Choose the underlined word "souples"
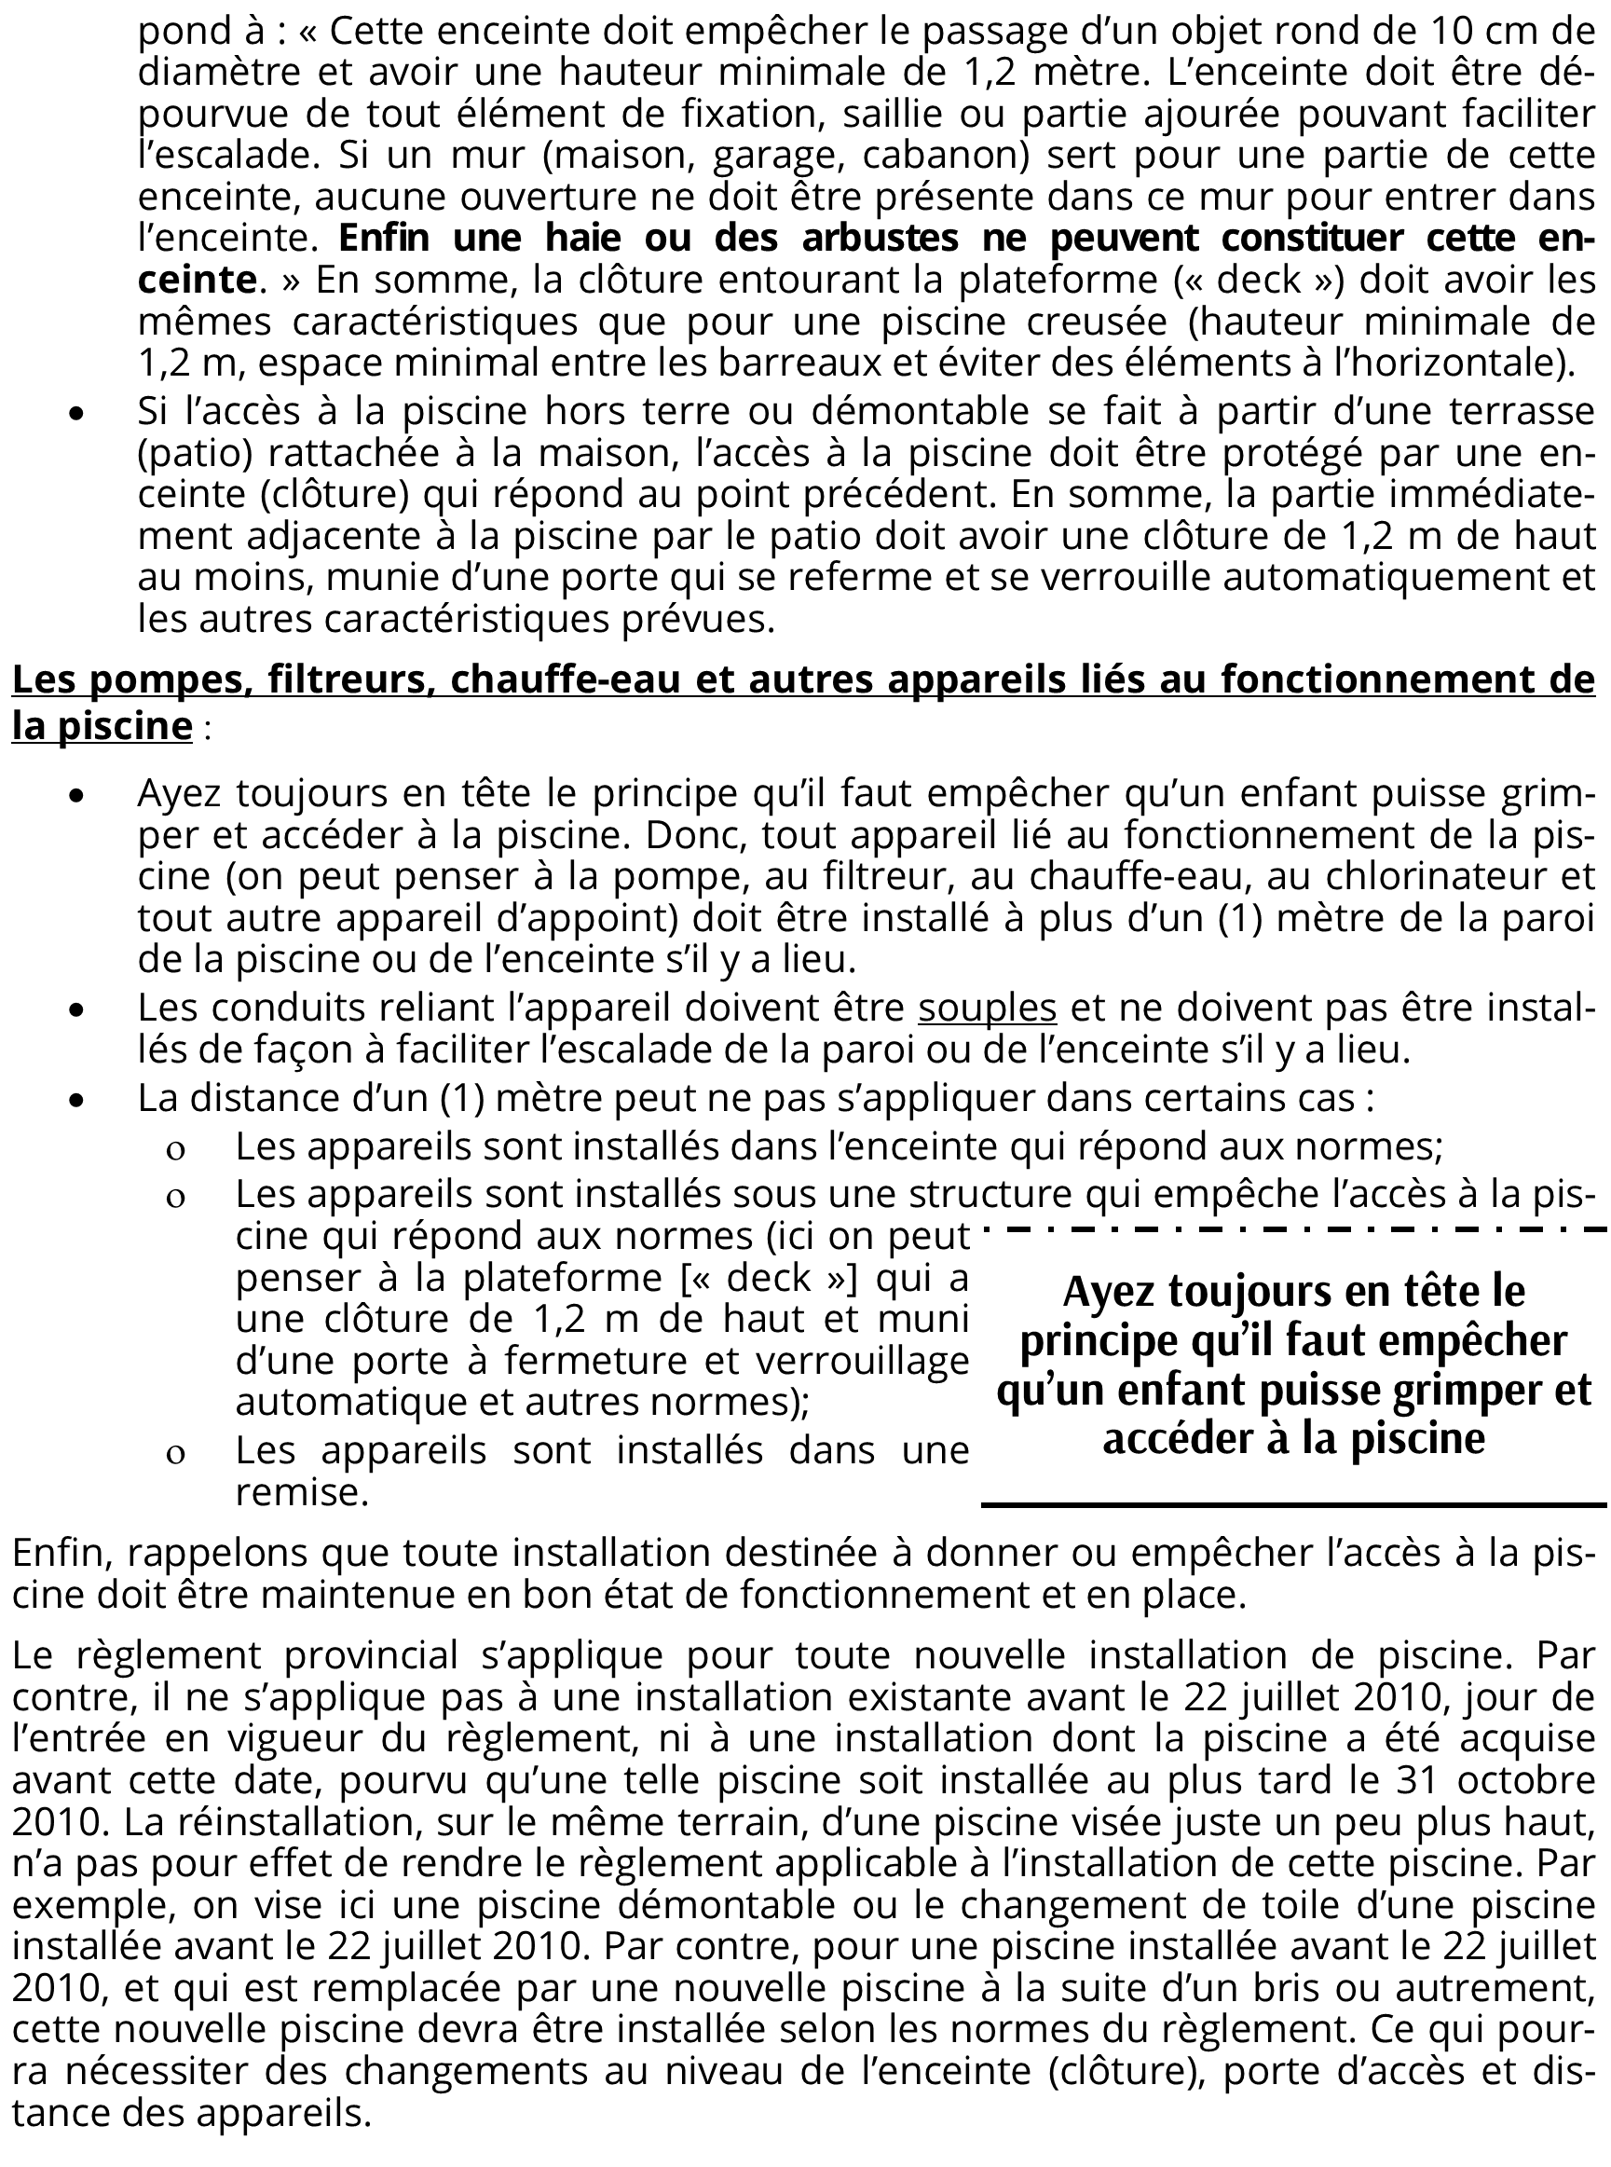[987, 1007]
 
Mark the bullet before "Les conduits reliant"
[77, 1010]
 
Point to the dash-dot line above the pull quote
[1293, 1229]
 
